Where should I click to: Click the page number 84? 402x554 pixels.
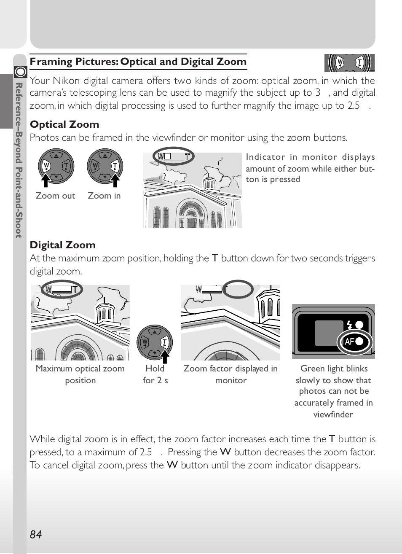click(x=36, y=535)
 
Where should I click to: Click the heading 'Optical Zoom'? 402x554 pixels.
click(x=64, y=124)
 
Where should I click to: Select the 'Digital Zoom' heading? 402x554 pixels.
click(x=63, y=245)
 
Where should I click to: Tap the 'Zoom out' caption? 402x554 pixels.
click(x=55, y=196)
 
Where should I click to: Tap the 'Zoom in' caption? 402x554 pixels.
click(x=104, y=196)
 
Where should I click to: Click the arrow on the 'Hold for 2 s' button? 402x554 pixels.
click(x=165, y=356)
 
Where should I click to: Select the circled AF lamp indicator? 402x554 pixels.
click(x=354, y=342)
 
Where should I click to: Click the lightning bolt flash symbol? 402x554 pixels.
click(x=349, y=325)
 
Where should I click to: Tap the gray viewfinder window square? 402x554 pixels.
click(x=329, y=333)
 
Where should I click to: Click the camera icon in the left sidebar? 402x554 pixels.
click(x=20, y=72)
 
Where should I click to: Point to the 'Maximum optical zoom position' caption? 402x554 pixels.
click(x=80, y=374)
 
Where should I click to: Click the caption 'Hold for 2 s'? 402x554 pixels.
click(x=155, y=374)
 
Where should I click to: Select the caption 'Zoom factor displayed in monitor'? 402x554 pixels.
click(x=230, y=374)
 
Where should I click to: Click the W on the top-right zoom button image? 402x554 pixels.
click(x=340, y=63)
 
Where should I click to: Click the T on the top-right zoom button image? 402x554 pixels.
click(x=359, y=63)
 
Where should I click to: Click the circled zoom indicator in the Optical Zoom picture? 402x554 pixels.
click(x=174, y=156)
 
